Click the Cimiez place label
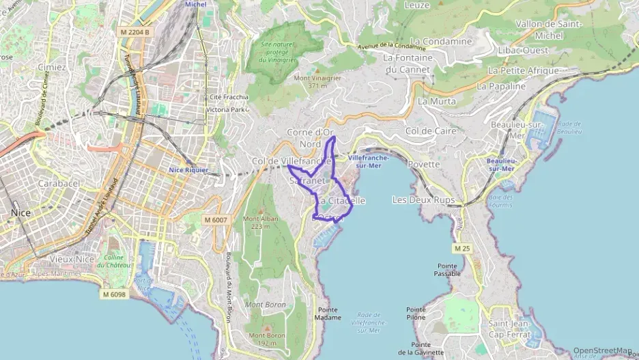(52, 68)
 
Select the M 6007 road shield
(216, 219)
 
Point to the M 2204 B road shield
(134, 31)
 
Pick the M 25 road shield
(461, 247)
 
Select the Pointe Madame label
(328, 314)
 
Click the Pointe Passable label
(447, 270)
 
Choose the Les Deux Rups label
(423, 200)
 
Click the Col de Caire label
(430, 130)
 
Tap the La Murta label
(436, 101)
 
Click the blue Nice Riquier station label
(188, 170)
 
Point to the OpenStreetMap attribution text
(603, 351)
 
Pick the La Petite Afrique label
(524, 70)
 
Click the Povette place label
(424, 165)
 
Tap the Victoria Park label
(228, 109)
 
